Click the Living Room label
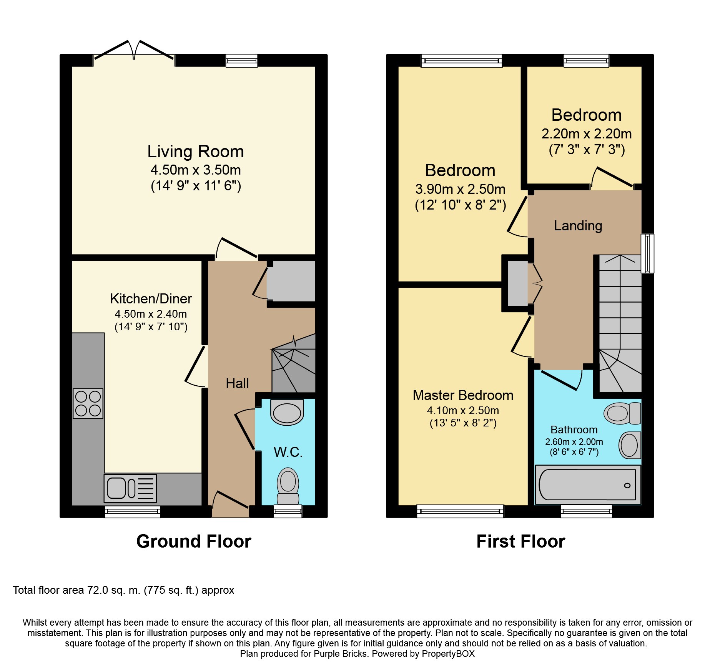click(x=196, y=152)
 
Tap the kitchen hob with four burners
click(x=88, y=403)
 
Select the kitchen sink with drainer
click(x=130, y=488)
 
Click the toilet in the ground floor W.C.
click(x=288, y=486)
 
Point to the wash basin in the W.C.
click(x=287, y=412)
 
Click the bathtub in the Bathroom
click(x=588, y=485)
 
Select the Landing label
click(x=578, y=226)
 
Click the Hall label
click(x=237, y=383)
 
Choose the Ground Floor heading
click(x=194, y=541)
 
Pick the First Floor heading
click(x=520, y=541)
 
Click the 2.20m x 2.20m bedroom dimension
click(x=587, y=134)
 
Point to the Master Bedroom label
click(x=463, y=395)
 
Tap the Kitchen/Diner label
click(x=151, y=299)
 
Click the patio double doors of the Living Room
click(x=134, y=51)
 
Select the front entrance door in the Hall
click(x=230, y=500)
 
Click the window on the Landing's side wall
click(x=647, y=253)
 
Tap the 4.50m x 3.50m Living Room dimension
click(x=196, y=170)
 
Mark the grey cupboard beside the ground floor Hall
click(x=291, y=281)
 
